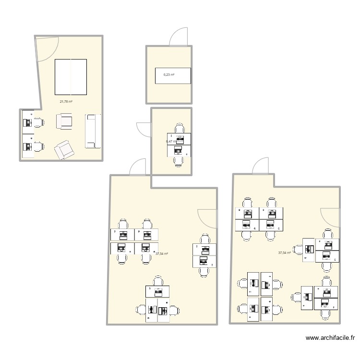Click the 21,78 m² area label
click(x=66, y=101)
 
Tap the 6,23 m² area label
click(x=168, y=75)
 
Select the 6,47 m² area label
click(x=170, y=142)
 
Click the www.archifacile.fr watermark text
click(x=329, y=338)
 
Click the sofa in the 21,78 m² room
click(x=93, y=131)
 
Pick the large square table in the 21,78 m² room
click(x=71, y=77)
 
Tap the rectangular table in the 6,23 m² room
click(x=173, y=76)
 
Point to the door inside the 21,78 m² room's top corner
click(x=47, y=48)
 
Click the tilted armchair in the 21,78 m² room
click(x=64, y=150)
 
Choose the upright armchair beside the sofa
click(x=64, y=121)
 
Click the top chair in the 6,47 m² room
click(x=180, y=128)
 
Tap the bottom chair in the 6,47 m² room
click(x=180, y=161)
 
